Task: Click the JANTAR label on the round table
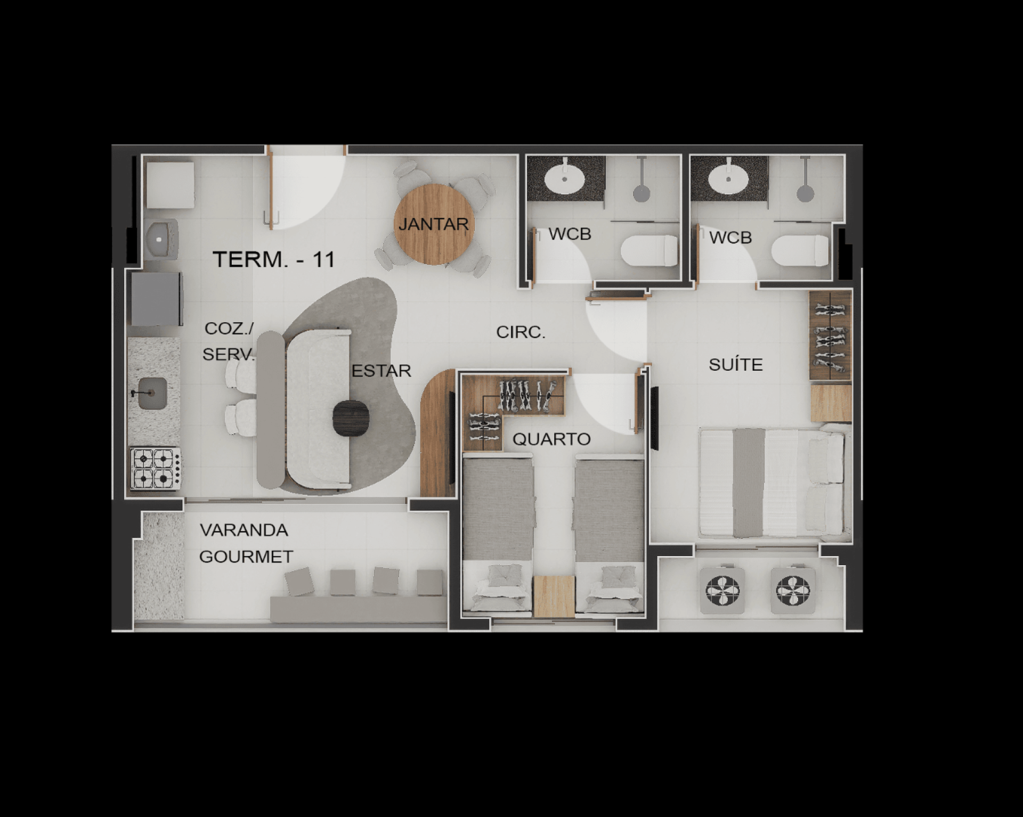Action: (433, 224)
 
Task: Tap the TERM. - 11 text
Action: (274, 259)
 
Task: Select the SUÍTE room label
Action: (736, 364)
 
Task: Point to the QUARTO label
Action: (551, 439)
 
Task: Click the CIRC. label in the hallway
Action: (521, 332)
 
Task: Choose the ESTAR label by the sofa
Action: (381, 371)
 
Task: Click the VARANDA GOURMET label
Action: (246, 543)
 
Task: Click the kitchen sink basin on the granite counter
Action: (152, 393)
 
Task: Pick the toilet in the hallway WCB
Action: (649, 250)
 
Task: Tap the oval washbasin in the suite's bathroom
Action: (728, 179)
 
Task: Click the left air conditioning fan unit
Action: (722, 590)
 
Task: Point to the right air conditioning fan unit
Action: (793, 590)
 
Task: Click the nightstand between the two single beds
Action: (554, 597)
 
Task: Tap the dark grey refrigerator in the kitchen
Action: (156, 299)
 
